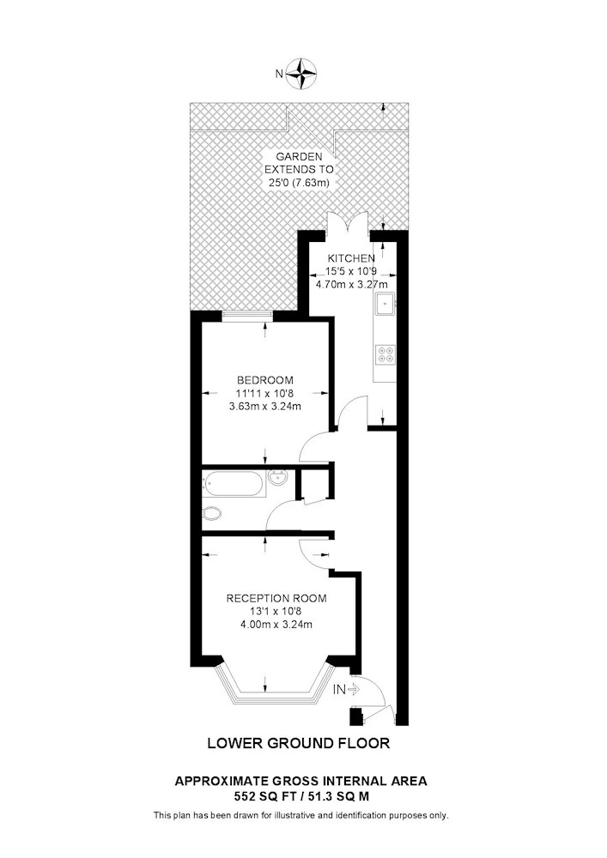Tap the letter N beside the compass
click(279, 74)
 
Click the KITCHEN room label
click(351, 258)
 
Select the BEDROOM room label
click(265, 380)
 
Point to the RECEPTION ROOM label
click(276, 598)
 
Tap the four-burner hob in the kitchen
click(385, 354)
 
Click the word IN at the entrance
click(339, 690)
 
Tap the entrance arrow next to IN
click(353, 690)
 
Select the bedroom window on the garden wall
click(247, 313)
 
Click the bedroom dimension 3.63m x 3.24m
click(265, 406)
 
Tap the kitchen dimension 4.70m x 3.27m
click(352, 285)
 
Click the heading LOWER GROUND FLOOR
click(298, 743)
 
